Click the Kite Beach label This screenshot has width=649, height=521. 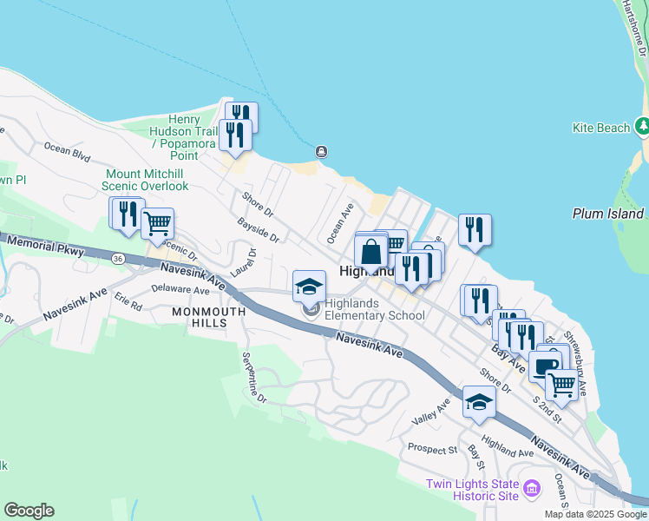click(601, 128)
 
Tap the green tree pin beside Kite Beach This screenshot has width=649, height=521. click(642, 127)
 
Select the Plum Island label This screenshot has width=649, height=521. click(608, 214)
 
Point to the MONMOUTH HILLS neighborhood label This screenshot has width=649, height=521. click(199, 317)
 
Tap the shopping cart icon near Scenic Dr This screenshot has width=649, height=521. click(157, 224)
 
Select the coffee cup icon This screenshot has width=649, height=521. click(545, 366)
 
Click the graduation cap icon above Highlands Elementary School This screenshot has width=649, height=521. click(310, 286)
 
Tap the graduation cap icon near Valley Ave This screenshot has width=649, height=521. click(479, 401)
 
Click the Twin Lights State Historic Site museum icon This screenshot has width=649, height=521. click(531, 491)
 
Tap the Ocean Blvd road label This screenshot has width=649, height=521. click(67, 153)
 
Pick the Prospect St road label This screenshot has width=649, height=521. click(432, 450)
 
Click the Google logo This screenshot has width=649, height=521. click(29, 511)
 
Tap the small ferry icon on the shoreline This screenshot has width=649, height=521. click(321, 152)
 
